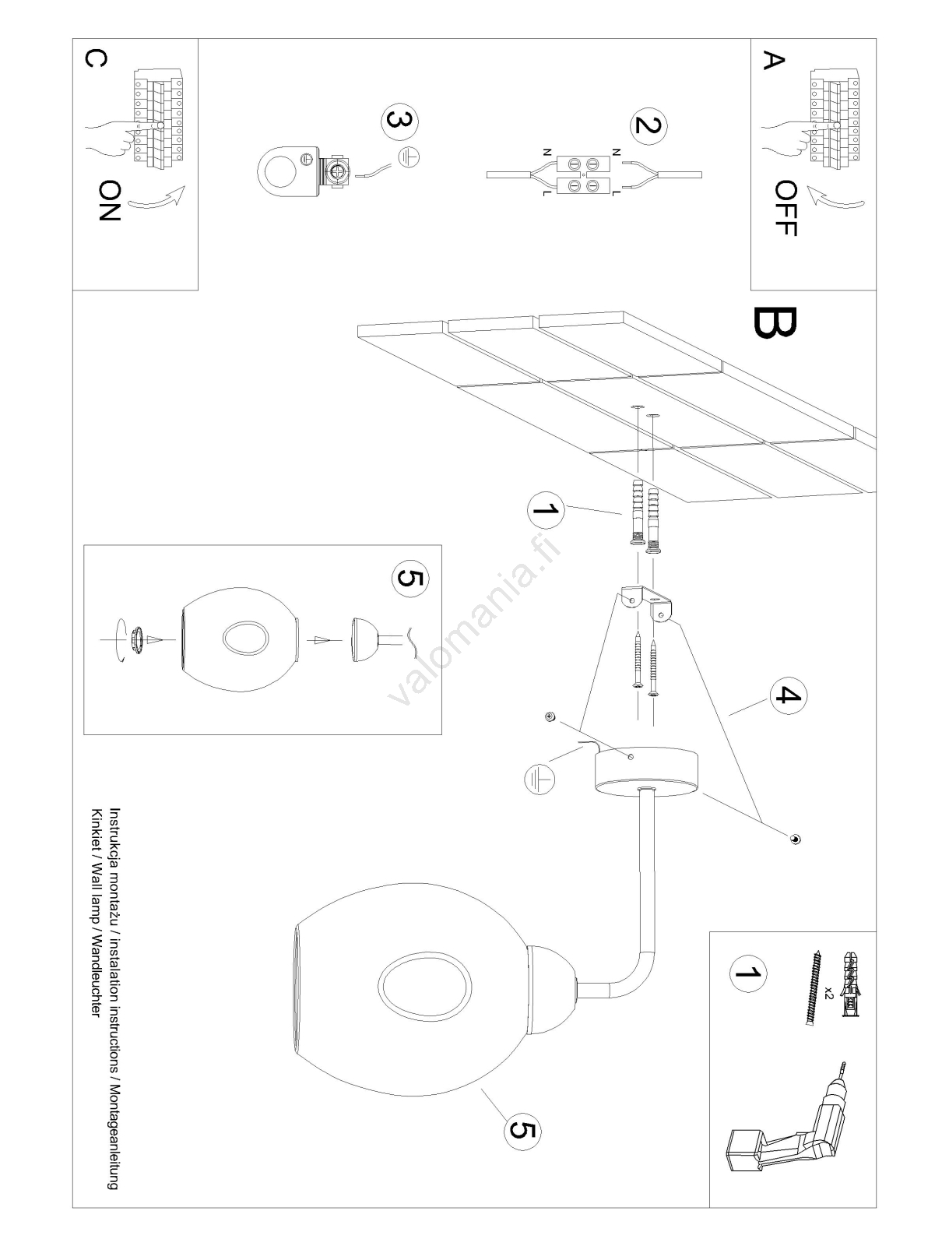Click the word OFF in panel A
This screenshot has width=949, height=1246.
click(x=786, y=208)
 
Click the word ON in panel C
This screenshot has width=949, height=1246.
click(x=110, y=201)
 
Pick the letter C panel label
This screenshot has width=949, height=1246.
click(x=93, y=59)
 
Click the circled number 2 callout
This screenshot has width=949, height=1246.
click(x=648, y=125)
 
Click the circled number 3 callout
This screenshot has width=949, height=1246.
click(x=399, y=121)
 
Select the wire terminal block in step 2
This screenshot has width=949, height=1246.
click(x=584, y=174)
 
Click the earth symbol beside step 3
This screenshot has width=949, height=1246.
click(x=409, y=157)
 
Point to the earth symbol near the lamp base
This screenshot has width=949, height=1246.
click(x=539, y=778)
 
